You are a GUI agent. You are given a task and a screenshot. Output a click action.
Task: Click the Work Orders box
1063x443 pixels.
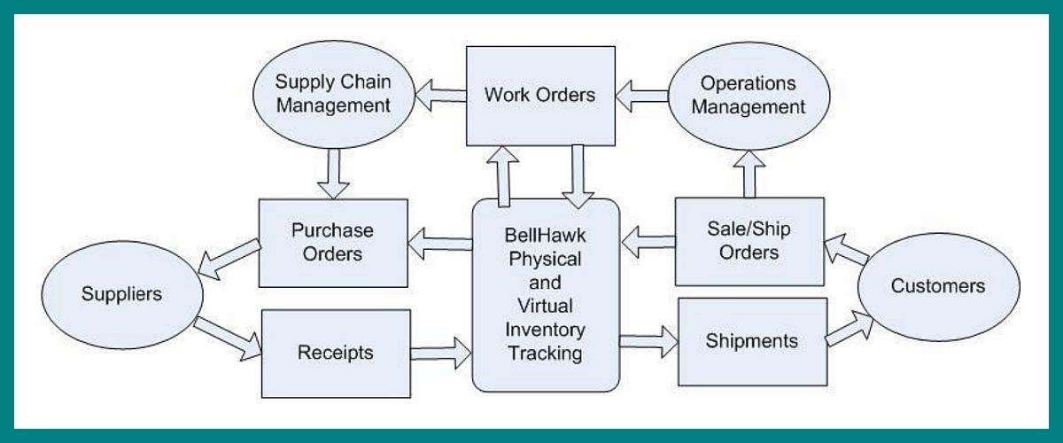(x=540, y=96)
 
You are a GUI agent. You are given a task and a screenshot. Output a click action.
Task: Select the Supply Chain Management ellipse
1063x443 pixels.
(x=333, y=95)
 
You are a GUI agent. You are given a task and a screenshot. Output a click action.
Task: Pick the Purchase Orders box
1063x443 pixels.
(x=333, y=242)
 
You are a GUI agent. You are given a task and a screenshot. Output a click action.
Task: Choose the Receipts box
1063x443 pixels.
(x=336, y=353)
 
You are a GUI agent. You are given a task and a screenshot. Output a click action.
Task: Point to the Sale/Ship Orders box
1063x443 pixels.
(x=749, y=241)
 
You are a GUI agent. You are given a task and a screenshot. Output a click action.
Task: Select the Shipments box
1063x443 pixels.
(x=752, y=341)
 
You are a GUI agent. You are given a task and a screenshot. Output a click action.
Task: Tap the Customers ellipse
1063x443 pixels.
(x=938, y=286)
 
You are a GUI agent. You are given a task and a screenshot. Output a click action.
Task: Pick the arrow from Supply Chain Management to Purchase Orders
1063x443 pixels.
(x=333, y=172)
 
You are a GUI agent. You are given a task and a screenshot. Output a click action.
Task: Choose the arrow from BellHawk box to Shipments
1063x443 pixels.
(x=648, y=340)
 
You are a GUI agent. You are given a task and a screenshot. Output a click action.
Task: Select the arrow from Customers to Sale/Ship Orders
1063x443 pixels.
(x=847, y=253)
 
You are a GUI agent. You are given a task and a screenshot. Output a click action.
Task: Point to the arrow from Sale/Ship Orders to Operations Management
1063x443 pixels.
(x=749, y=171)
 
